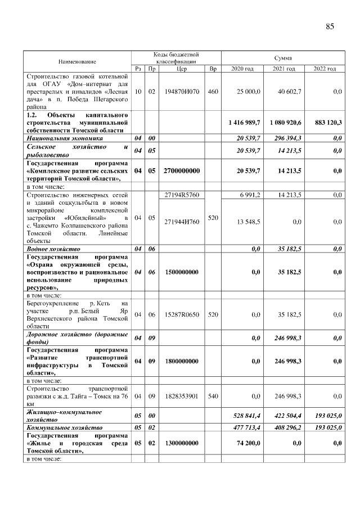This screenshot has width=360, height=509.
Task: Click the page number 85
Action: pyautogui.click(x=330, y=26)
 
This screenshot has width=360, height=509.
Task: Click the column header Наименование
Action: pyautogui.click(x=76, y=61)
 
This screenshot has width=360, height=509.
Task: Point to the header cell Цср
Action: pyautogui.click(x=181, y=69)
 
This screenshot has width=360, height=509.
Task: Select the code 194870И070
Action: pyautogui.click(x=181, y=91)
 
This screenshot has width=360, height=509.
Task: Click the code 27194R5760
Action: pyautogui.click(x=182, y=195)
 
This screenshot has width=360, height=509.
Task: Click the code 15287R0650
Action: pyautogui.click(x=182, y=314)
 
